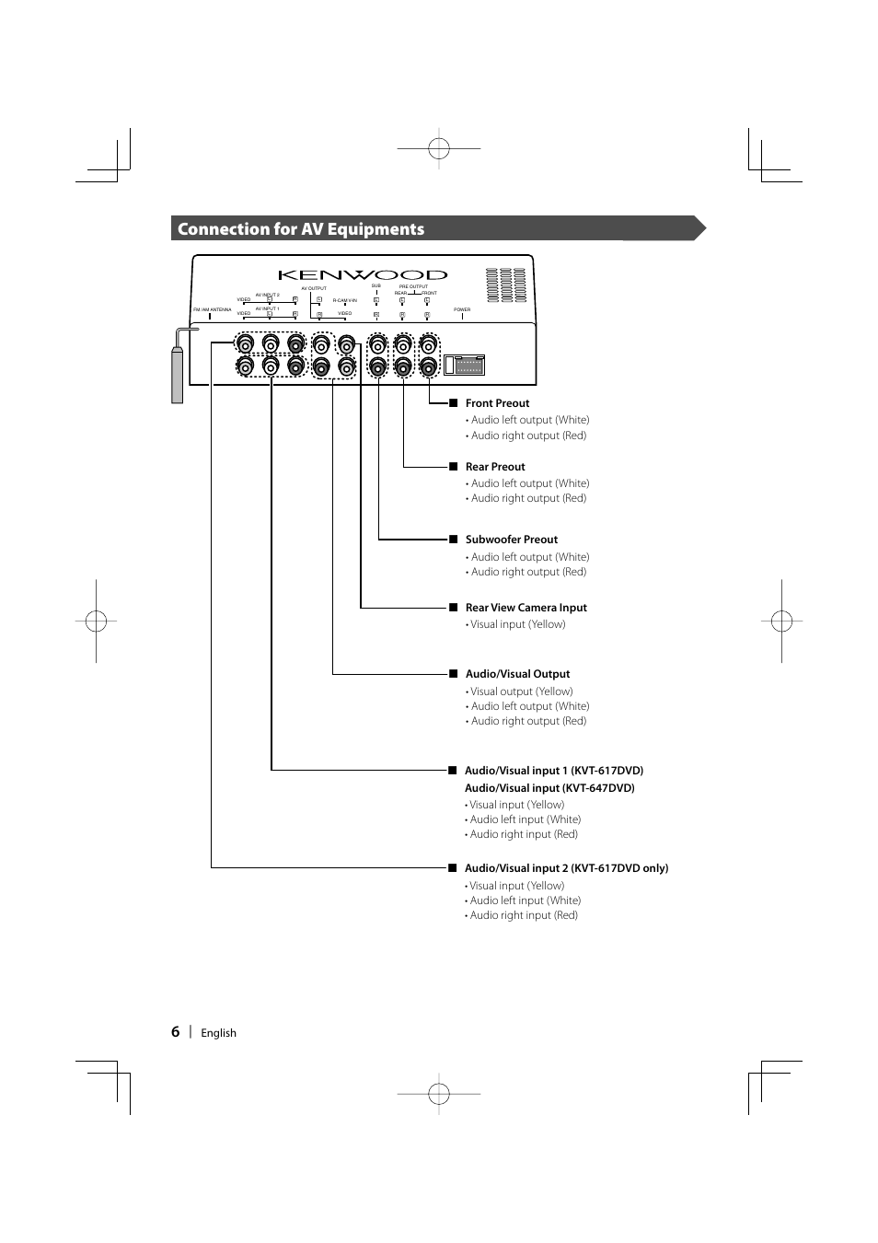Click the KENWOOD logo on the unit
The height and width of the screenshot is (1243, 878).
363,274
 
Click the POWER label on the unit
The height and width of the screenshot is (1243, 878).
462,309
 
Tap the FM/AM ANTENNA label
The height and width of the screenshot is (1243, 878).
212,309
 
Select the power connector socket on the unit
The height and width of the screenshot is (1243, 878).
464,365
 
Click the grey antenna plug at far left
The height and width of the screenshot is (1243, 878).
177,374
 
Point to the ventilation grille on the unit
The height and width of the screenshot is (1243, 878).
505,285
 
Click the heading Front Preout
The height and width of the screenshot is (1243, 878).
497,403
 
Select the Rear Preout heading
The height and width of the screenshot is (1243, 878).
495,467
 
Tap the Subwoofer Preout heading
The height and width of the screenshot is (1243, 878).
511,540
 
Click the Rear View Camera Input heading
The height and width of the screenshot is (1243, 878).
526,608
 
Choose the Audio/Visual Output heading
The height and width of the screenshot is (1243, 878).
517,674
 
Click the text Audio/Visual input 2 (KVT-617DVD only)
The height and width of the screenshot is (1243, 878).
566,868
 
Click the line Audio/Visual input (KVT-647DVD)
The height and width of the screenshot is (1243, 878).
549,788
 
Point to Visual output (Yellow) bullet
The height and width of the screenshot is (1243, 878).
521,691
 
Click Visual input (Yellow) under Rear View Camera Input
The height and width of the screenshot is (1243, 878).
517,624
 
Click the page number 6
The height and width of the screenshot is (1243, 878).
175,1032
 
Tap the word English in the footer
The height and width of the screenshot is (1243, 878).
218,1033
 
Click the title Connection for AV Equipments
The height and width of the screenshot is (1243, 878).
301,229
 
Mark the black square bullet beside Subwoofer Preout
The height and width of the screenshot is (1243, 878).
453,540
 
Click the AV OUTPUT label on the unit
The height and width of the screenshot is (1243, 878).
314,288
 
